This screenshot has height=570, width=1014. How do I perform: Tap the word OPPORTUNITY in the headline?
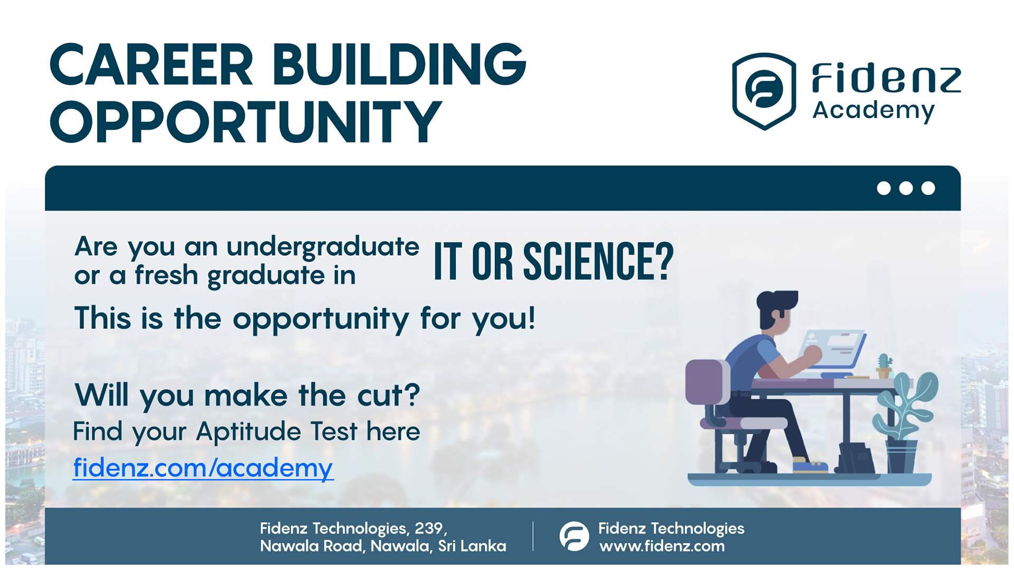coord(246,122)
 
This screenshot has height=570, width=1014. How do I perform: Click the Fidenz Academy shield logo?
coord(764,91)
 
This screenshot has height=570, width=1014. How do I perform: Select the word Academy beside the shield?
coord(874,111)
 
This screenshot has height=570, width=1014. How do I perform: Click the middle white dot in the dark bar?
coord(906,188)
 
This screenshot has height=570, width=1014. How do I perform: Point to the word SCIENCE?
coord(598,261)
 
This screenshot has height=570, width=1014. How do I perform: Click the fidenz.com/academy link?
coord(203,468)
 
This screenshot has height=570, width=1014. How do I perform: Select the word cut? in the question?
coord(389,395)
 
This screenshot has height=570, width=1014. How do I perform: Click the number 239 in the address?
coord(429,528)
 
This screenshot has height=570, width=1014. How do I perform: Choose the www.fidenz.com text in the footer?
coord(662,546)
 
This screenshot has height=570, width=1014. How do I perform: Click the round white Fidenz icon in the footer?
coord(574,536)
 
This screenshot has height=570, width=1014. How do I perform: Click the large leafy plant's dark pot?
coord(902,456)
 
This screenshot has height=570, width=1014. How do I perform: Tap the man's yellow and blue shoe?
coord(810,466)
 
